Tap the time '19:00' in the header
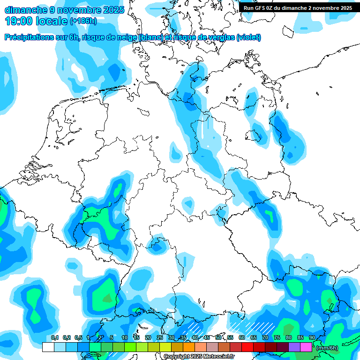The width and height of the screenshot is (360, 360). tap(18, 21)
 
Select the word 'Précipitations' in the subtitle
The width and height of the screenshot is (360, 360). tap(29, 37)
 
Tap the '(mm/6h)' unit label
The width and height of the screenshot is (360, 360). tap(327, 347)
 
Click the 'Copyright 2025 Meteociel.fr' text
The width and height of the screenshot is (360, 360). tap(199, 357)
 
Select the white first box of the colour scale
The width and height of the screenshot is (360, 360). tap(48, 347)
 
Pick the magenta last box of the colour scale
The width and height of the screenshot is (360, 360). tap(306, 347)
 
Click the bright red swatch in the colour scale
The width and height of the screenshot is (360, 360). tap(247, 347)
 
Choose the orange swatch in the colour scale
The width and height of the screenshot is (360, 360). tap(188, 347)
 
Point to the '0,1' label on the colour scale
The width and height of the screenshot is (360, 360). tap(55, 338)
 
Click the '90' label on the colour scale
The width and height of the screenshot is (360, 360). tap(312, 338)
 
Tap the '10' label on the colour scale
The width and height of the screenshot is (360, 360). tap(124, 338)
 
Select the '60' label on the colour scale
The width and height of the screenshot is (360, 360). tap(241, 338)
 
